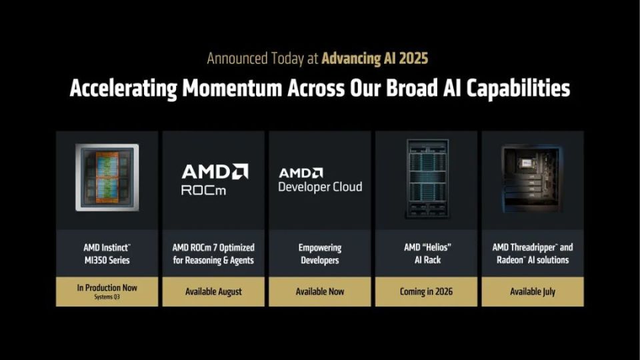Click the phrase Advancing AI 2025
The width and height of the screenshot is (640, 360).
pos(375,58)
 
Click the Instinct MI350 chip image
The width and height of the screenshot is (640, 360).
pos(107,177)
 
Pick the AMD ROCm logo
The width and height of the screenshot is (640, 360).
pos(214,179)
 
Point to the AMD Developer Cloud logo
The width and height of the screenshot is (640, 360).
pos(320,179)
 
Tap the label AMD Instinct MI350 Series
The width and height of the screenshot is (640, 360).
pos(107,253)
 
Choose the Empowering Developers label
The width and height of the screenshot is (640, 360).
pos(320,253)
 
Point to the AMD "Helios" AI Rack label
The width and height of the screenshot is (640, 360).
pos(427,253)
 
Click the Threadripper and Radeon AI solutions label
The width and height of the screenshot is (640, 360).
pos(533,253)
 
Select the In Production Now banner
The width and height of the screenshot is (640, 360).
pos(107,288)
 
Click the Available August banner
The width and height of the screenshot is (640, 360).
pos(214,291)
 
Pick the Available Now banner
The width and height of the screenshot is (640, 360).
pos(320,291)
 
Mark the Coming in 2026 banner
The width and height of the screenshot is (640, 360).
pos(427,291)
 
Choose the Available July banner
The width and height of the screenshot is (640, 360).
pos(533,291)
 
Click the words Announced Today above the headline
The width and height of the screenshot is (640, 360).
pos(253,58)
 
